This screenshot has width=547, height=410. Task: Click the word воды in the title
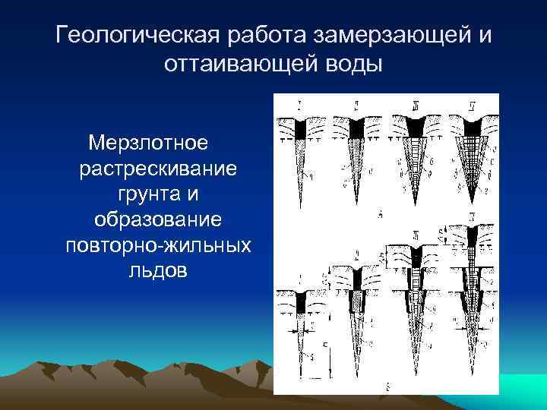(353, 64)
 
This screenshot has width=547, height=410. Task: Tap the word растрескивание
(158, 168)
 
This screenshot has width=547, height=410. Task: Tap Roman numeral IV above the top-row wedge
(473, 102)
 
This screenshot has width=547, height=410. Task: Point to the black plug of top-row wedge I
(302, 130)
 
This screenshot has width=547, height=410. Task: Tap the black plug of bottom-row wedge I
(302, 304)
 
